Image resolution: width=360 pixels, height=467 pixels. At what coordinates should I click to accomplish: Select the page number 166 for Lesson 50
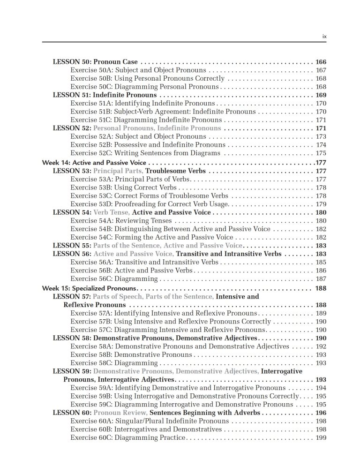click(x=321, y=62)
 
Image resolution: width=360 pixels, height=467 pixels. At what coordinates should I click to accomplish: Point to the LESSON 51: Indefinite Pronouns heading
click(x=105, y=95)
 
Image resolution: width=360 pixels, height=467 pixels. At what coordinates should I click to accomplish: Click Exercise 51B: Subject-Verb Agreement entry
click(x=163, y=112)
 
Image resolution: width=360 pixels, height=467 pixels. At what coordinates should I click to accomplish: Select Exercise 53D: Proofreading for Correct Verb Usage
click(x=149, y=204)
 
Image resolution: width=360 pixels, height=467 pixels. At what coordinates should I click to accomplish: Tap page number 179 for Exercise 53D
click(x=321, y=204)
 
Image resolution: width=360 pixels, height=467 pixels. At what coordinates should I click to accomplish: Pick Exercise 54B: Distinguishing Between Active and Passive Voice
click(x=170, y=229)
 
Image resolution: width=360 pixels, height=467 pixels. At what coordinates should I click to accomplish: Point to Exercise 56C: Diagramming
click(x=114, y=279)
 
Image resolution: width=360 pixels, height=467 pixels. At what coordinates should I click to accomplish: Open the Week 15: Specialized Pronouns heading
click(x=89, y=288)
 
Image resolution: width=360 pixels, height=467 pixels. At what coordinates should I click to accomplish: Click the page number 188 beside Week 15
click(x=321, y=288)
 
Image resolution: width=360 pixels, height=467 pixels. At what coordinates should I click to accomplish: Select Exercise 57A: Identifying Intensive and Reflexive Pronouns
click(x=163, y=313)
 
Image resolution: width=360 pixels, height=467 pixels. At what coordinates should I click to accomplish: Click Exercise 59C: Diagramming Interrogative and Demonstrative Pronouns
click(x=181, y=404)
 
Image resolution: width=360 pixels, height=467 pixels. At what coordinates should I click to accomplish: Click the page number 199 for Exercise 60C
click(x=321, y=437)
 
